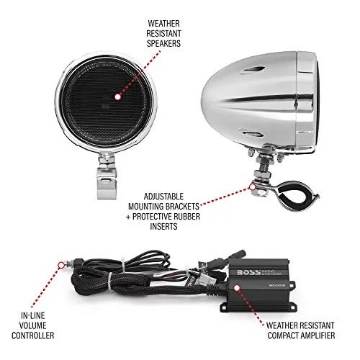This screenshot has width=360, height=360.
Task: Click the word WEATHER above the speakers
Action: (x=163, y=24)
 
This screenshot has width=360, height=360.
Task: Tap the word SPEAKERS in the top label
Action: (x=163, y=43)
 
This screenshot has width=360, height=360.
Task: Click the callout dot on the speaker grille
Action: (x=117, y=96)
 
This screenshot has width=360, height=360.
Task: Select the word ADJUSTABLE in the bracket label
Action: (x=163, y=197)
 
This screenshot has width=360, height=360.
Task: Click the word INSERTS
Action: (x=163, y=226)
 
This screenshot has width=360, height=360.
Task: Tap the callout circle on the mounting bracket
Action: (x=252, y=186)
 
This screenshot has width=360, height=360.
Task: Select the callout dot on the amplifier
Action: (x=237, y=288)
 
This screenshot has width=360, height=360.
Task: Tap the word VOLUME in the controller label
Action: (x=32, y=325)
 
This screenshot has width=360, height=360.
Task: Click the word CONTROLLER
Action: (x=32, y=336)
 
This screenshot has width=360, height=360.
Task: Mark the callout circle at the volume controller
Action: (x=62, y=265)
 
